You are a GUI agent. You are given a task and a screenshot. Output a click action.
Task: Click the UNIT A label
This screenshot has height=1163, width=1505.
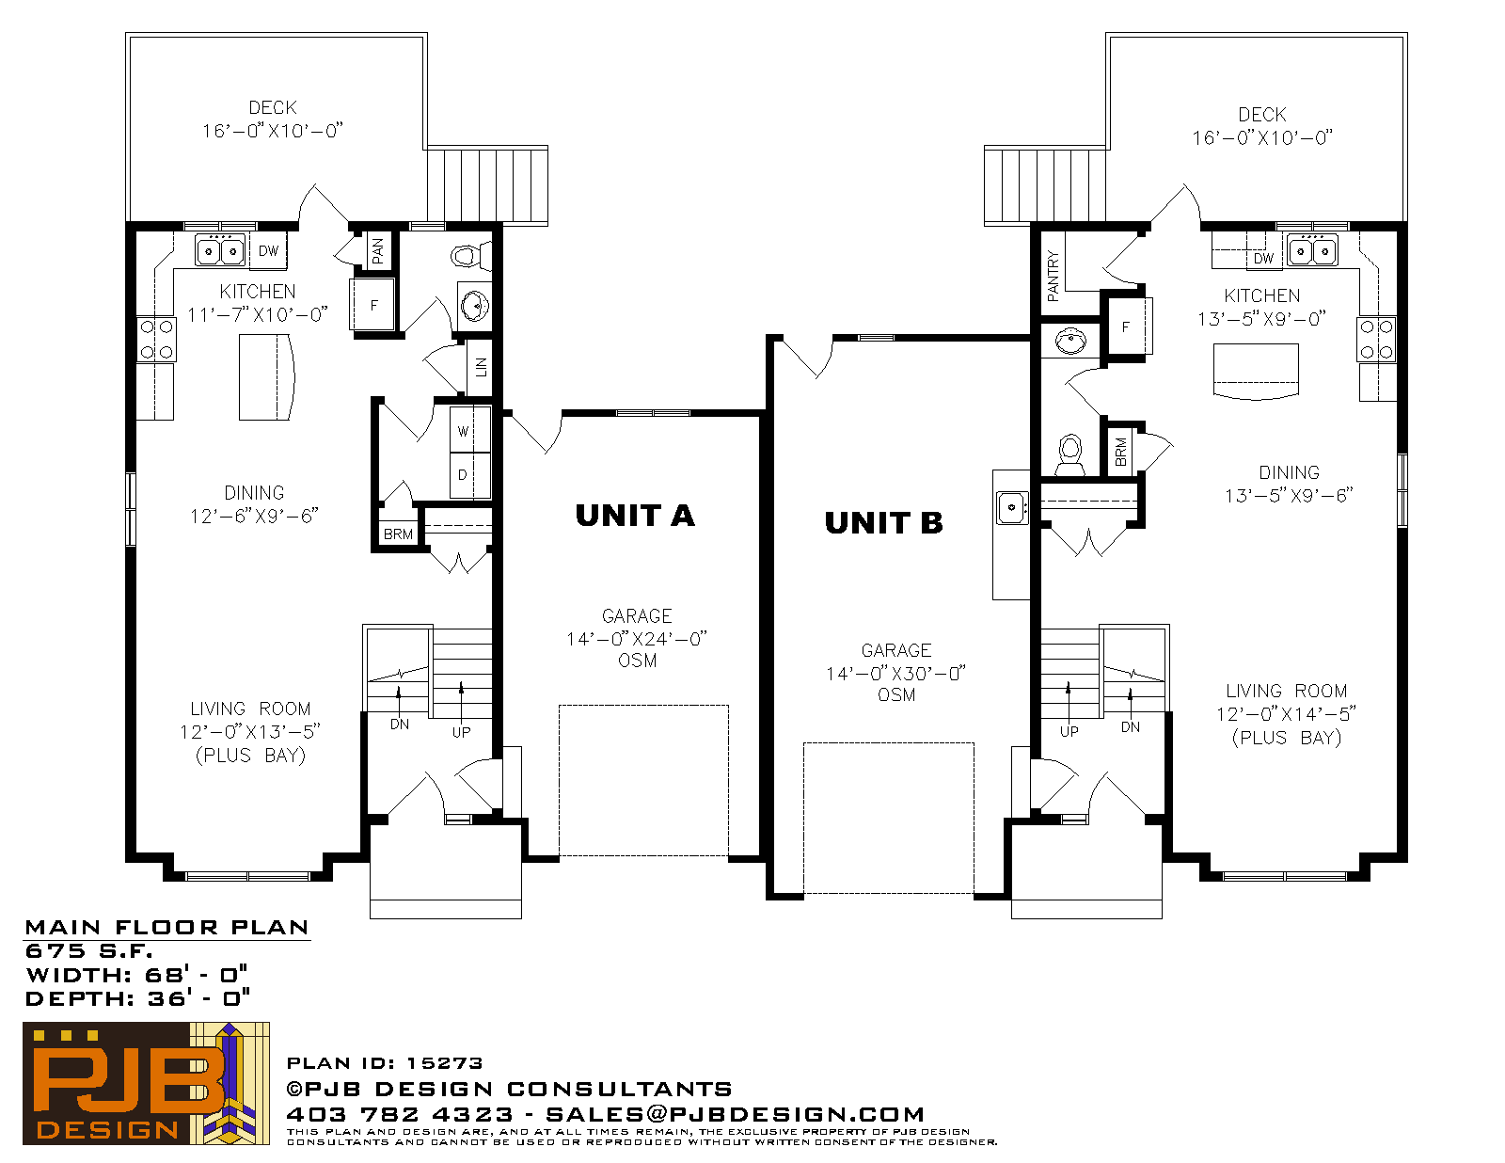(x=634, y=516)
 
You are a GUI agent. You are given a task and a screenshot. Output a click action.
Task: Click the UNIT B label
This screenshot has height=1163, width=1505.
(x=884, y=523)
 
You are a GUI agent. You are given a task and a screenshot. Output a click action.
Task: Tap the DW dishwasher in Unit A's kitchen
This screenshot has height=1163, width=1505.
(x=268, y=250)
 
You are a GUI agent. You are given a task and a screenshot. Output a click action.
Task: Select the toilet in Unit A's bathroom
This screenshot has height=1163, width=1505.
(x=471, y=256)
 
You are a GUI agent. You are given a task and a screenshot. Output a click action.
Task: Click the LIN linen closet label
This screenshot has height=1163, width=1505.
(x=481, y=366)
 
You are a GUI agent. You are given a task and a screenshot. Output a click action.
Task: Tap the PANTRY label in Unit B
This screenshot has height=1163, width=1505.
(x=1053, y=276)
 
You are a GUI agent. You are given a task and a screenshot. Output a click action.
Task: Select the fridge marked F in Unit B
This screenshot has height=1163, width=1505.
(x=1127, y=327)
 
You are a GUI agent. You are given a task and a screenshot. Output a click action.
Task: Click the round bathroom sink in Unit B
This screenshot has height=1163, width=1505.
(x=1070, y=341)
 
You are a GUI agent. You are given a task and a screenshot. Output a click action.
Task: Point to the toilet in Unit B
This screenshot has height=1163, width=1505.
(x=1070, y=455)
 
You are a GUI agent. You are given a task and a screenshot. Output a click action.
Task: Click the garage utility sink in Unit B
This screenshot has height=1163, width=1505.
(x=1012, y=508)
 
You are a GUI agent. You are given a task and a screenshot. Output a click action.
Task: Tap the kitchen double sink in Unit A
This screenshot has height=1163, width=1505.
(x=220, y=250)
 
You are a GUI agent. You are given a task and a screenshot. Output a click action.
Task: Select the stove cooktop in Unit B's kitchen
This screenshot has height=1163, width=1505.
(x=1376, y=340)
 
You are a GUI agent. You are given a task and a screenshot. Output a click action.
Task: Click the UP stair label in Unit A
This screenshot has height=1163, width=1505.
(x=461, y=732)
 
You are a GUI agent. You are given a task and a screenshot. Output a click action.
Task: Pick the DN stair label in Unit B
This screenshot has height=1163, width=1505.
(x=1131, y=727)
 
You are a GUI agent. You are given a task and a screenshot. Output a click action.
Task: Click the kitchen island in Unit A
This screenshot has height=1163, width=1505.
(x=266, y=377)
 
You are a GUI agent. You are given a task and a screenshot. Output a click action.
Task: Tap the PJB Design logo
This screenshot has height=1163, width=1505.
(x=146, y=1083)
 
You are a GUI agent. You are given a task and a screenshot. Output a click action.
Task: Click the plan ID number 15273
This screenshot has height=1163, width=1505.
(x=444, y=1063)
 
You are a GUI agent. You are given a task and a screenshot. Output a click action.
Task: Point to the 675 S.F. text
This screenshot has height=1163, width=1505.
(x=88, y=951)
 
